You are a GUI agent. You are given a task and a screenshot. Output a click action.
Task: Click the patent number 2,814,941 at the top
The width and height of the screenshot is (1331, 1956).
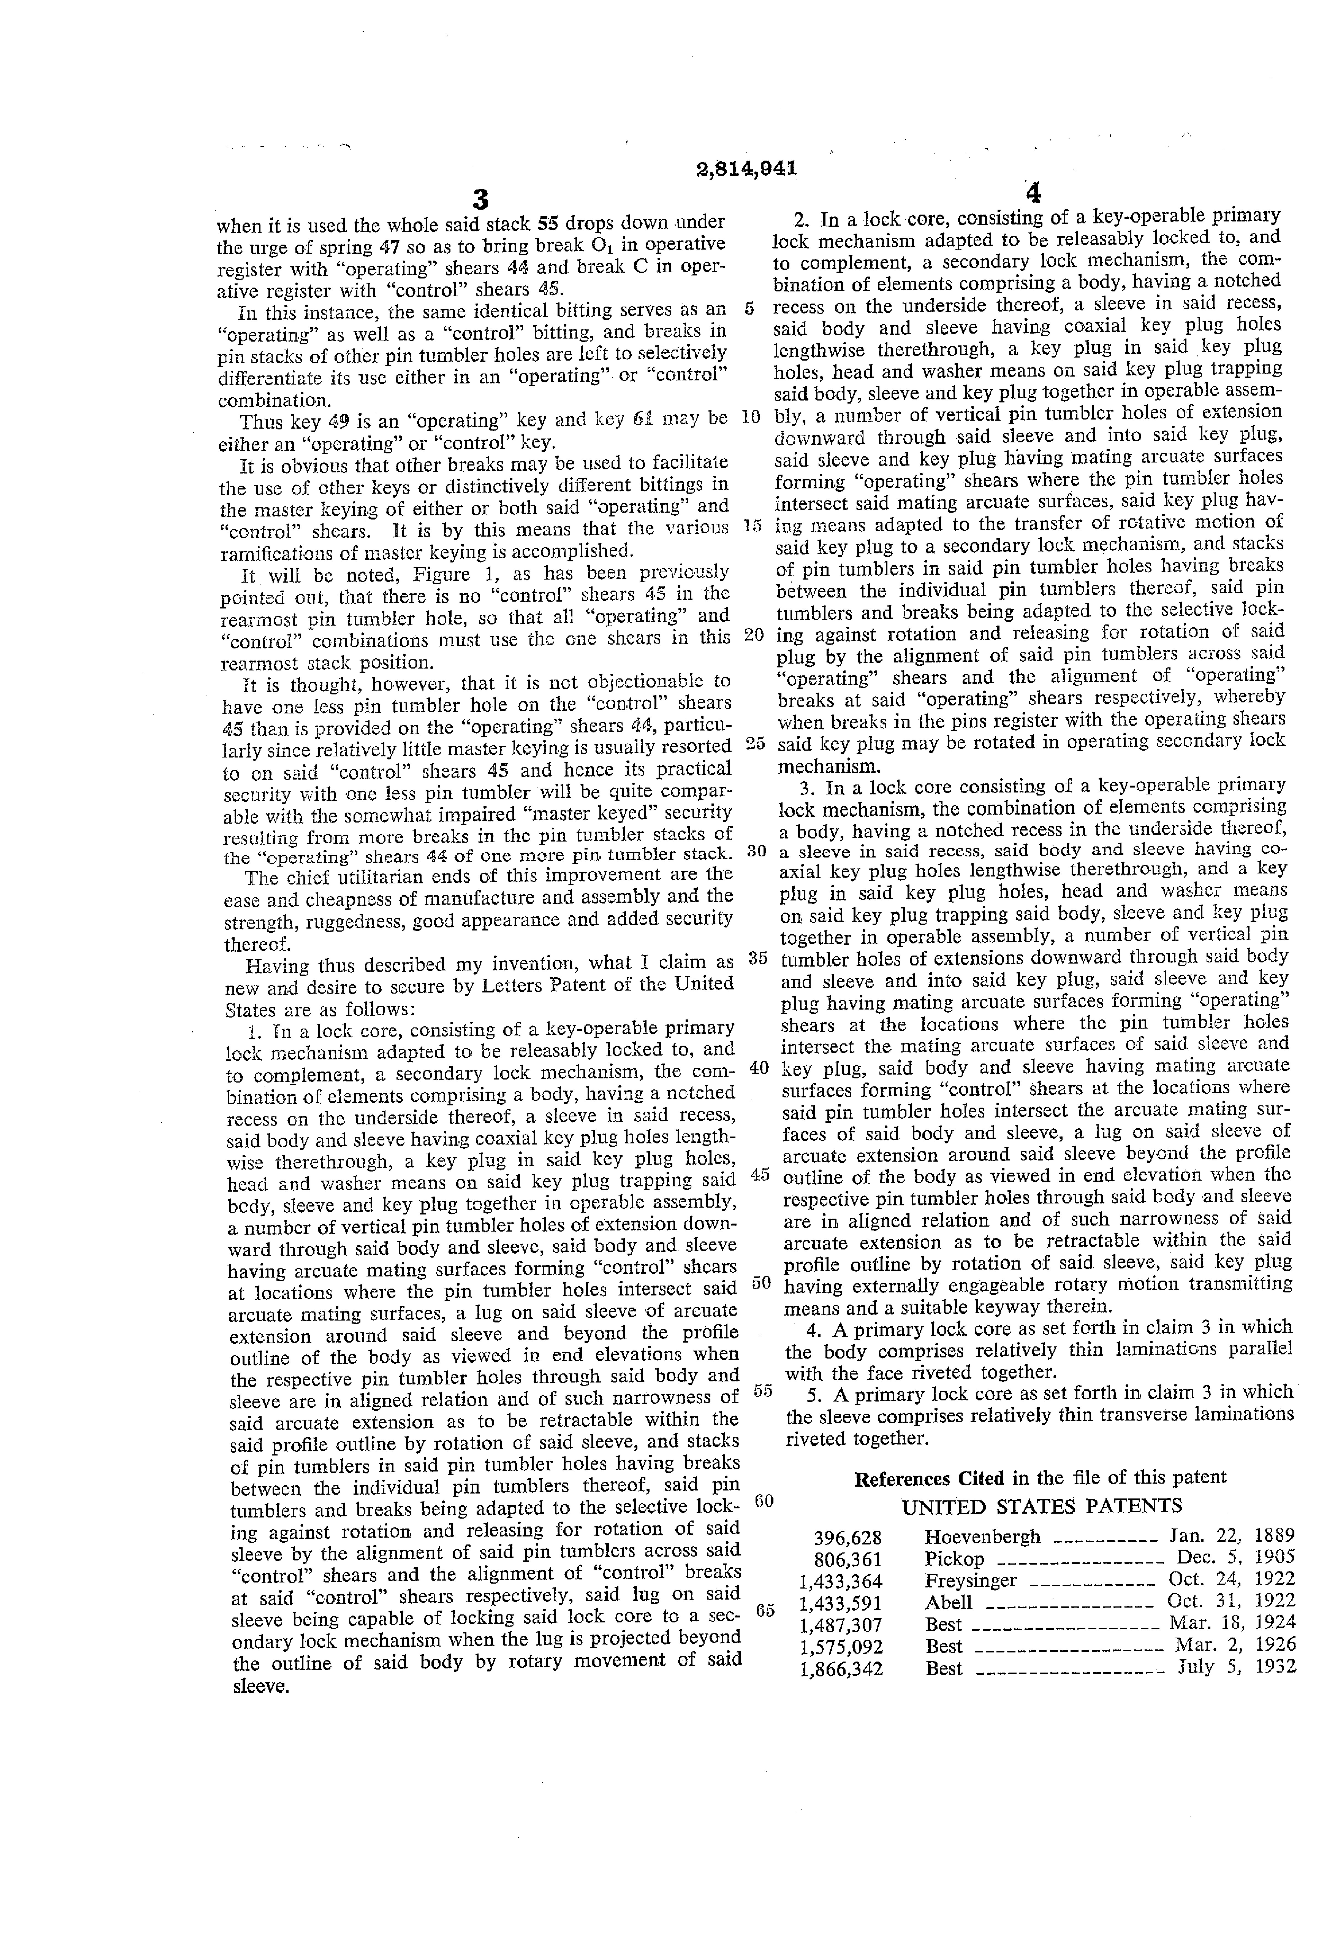[746, 168]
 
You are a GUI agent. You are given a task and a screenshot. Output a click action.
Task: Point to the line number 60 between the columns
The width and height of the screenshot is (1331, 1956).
[764, 1501]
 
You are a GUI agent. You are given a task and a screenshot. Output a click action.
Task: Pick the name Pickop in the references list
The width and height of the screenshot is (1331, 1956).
[954, 1559]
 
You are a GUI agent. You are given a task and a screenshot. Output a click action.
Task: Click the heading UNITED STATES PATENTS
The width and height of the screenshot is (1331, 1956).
[1042, 1506]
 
